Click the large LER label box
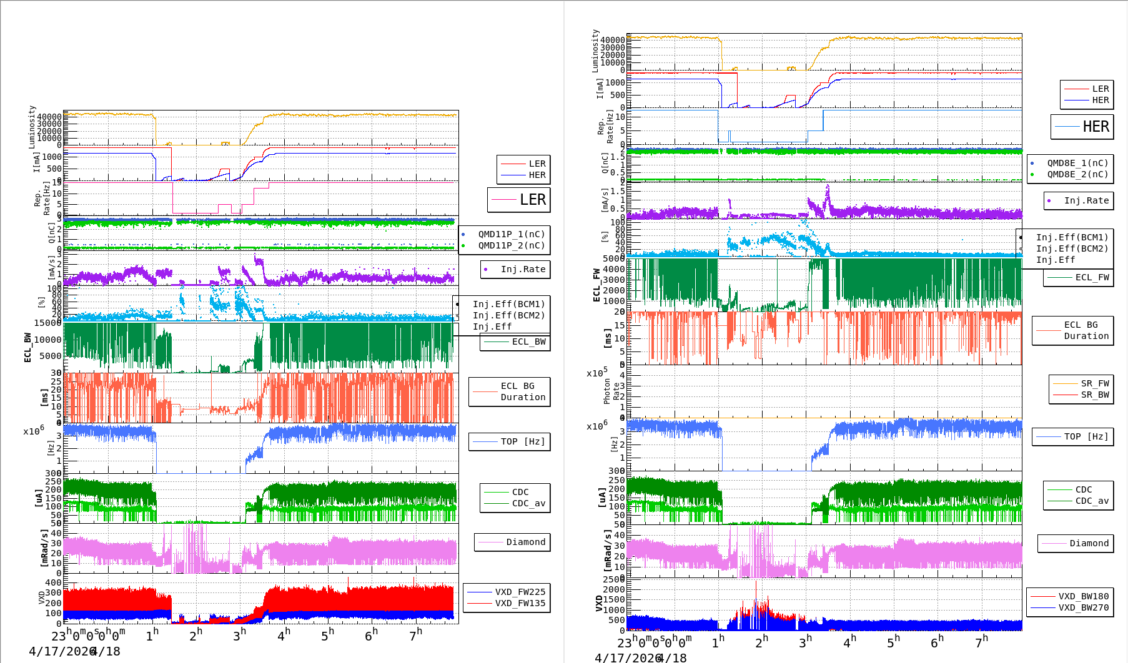click(519, 200)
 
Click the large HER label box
click(1082, 127)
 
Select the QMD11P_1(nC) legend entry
click(511, 234)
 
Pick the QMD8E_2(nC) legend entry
click(1077, 174)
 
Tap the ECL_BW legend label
click(528, 341)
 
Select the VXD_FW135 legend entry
click(520, 603)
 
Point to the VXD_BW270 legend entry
click(1083, 607)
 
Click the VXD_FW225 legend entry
click(520, 592)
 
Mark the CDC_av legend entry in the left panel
click(528, 503)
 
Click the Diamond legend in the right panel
click(1089, 543)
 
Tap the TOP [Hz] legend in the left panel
click(522, 441)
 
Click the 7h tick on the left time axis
click(415, 635)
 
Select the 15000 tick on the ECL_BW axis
click(47, 323)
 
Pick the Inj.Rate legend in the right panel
click(1086, 200)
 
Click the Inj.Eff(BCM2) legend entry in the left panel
click(508, 315)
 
